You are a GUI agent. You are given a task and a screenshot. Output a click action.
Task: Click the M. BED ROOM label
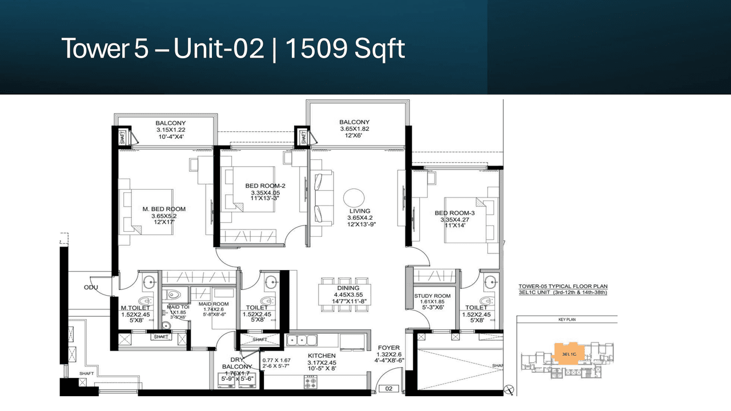163,209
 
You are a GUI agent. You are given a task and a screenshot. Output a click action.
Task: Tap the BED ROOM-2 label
265,186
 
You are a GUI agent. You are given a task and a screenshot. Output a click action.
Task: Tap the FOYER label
388,347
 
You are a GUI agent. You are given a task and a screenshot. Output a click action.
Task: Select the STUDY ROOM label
432,296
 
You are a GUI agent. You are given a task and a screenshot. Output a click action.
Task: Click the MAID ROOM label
214,304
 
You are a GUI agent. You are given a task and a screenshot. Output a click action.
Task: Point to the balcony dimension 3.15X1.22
170,130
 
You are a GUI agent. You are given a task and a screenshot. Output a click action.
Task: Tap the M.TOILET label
135,308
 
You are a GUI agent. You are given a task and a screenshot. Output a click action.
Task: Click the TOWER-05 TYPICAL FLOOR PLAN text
563,287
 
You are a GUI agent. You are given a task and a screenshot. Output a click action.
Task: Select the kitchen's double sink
303,341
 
